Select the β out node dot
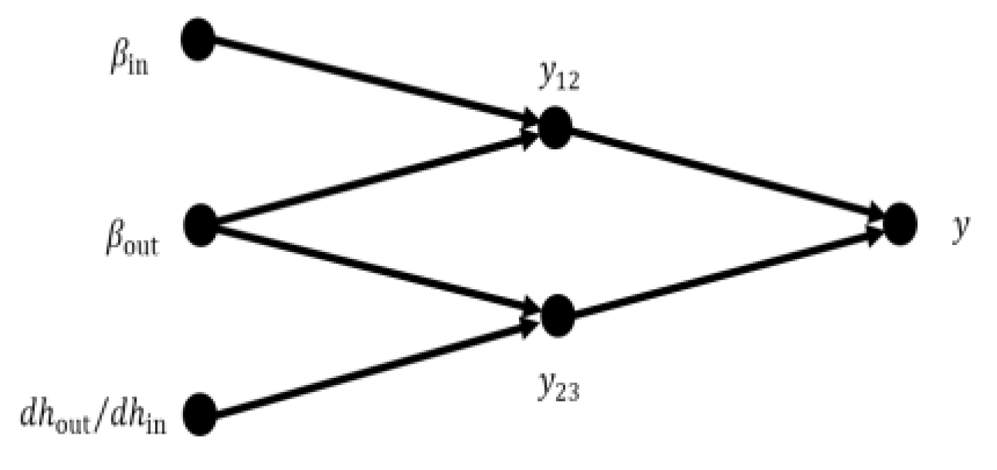click(x=201, y=224)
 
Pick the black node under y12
click(x=554, y=128)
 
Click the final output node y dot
click(x=899, y=223)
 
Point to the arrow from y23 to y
click(x=726, y=271)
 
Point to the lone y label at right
click(x=959, y=230)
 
